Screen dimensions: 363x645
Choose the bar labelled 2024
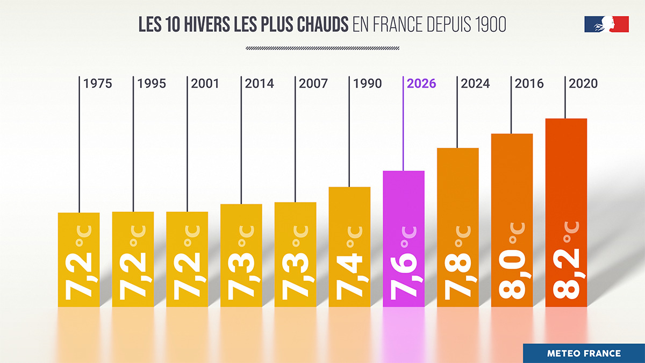457,226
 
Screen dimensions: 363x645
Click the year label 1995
152,84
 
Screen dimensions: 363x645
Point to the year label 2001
205,84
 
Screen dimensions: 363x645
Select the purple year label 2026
421,84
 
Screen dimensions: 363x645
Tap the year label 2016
529,84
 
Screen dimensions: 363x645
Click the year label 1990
368,84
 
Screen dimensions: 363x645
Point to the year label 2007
313,84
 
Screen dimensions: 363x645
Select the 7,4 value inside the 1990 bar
349,277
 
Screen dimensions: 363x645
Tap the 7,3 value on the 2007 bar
295,277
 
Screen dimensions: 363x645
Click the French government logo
606,24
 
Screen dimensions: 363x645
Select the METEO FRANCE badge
584,353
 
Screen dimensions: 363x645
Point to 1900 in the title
491,25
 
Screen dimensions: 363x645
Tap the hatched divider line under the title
322,48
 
